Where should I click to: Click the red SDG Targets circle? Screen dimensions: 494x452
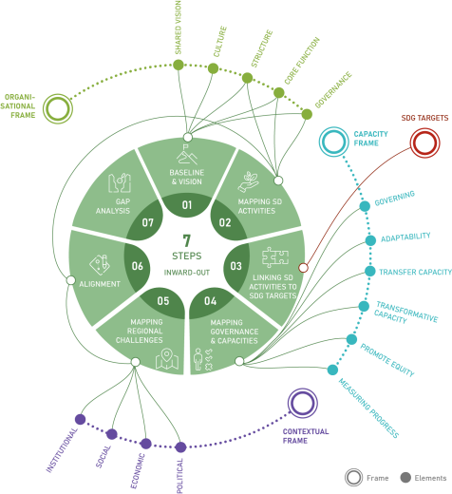point(424,142)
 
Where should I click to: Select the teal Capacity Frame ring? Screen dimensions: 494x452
point(333,142)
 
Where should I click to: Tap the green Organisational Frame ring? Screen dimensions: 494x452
point(58,108)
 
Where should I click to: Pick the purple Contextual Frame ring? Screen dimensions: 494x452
point(302,403)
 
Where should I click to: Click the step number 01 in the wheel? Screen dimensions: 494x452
point(186,205)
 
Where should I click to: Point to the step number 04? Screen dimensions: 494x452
point(210,301)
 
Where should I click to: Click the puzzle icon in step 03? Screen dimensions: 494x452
point(275,257)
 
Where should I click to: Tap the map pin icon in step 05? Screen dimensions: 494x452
point(168,360)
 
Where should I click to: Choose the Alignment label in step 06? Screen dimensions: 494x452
point(100,284)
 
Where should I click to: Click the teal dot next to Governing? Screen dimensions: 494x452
point(365,206)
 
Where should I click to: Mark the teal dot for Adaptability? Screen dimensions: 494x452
point(370,240)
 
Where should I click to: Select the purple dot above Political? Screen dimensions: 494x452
point(180,446)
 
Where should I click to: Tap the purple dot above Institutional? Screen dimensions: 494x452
point(80,419)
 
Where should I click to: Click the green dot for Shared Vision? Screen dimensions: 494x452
point(178,65)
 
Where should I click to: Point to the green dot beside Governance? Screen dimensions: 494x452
point(307,114)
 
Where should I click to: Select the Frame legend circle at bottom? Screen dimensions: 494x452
point(352,478)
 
